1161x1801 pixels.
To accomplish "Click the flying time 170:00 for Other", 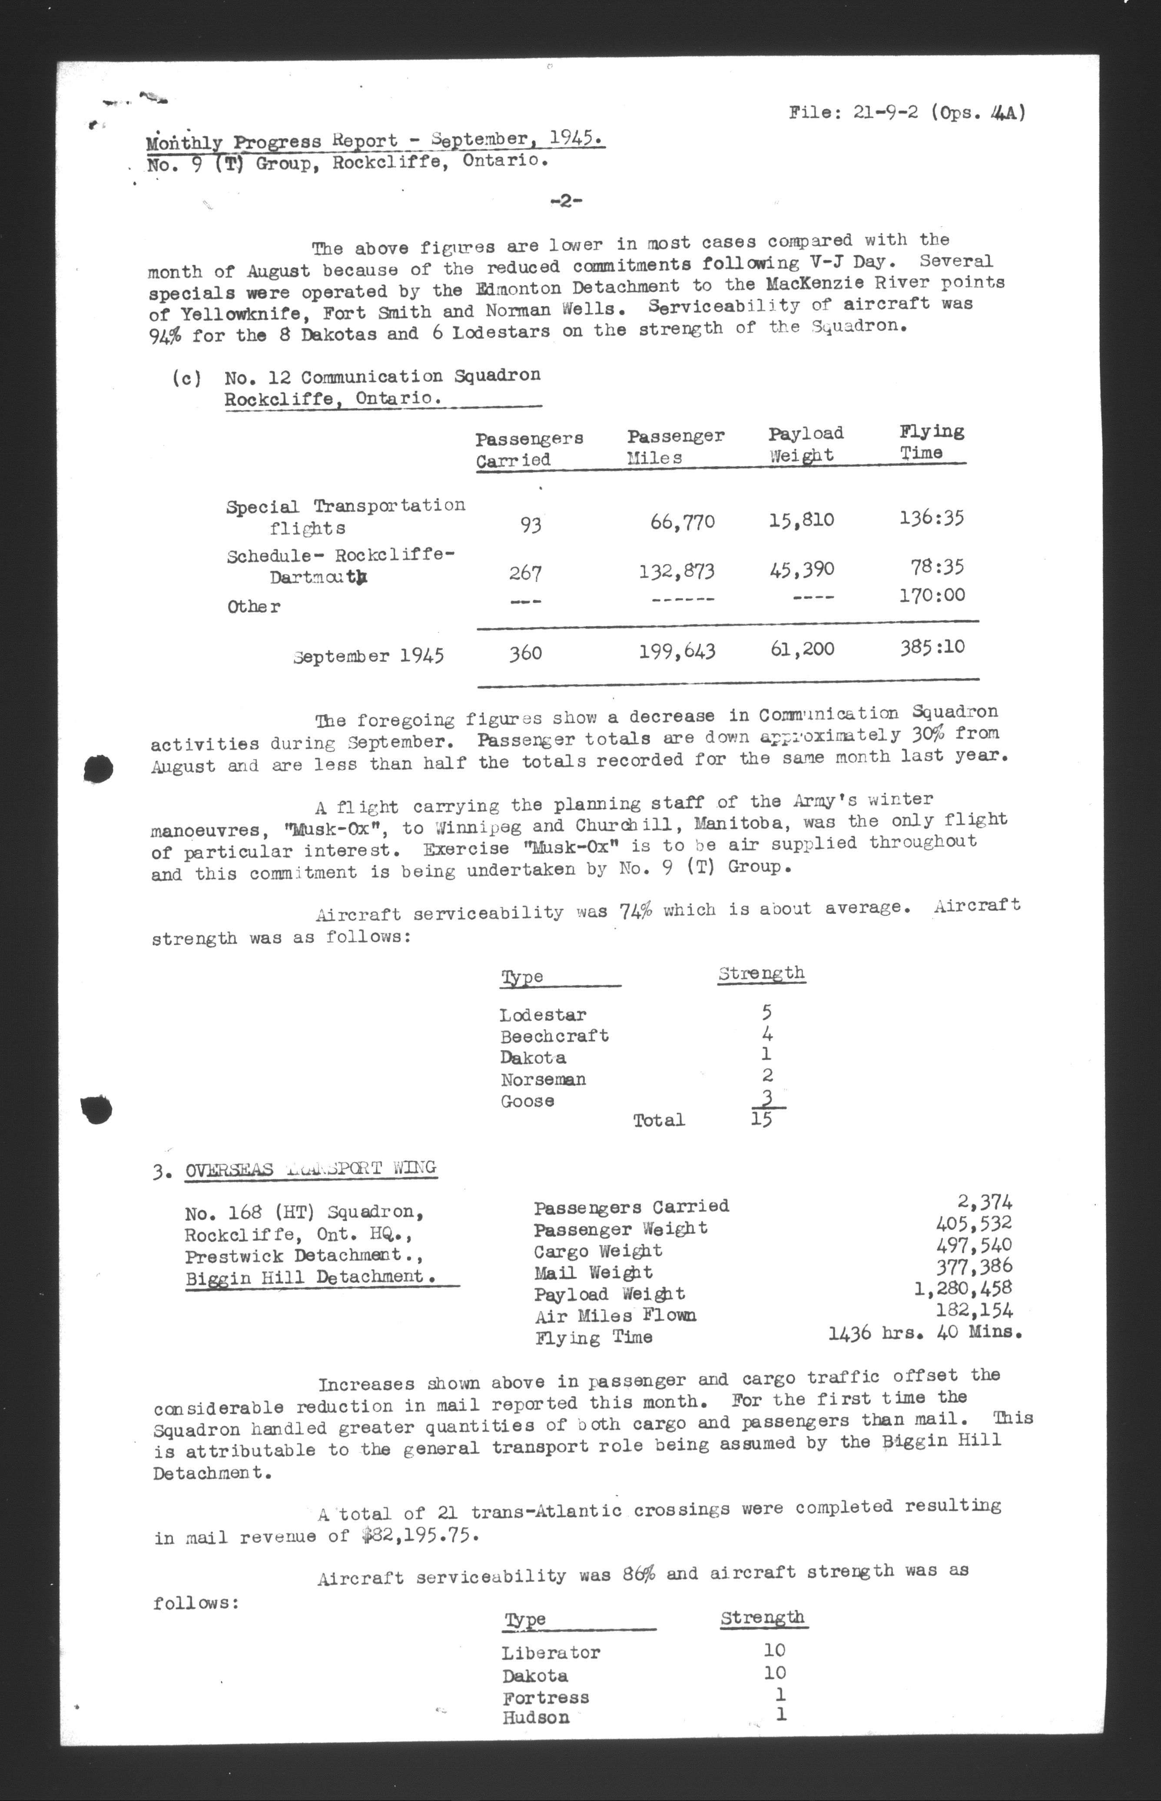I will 932,595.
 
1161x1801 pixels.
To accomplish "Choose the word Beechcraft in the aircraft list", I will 554,1036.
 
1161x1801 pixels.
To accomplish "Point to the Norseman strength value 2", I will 767,1075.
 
